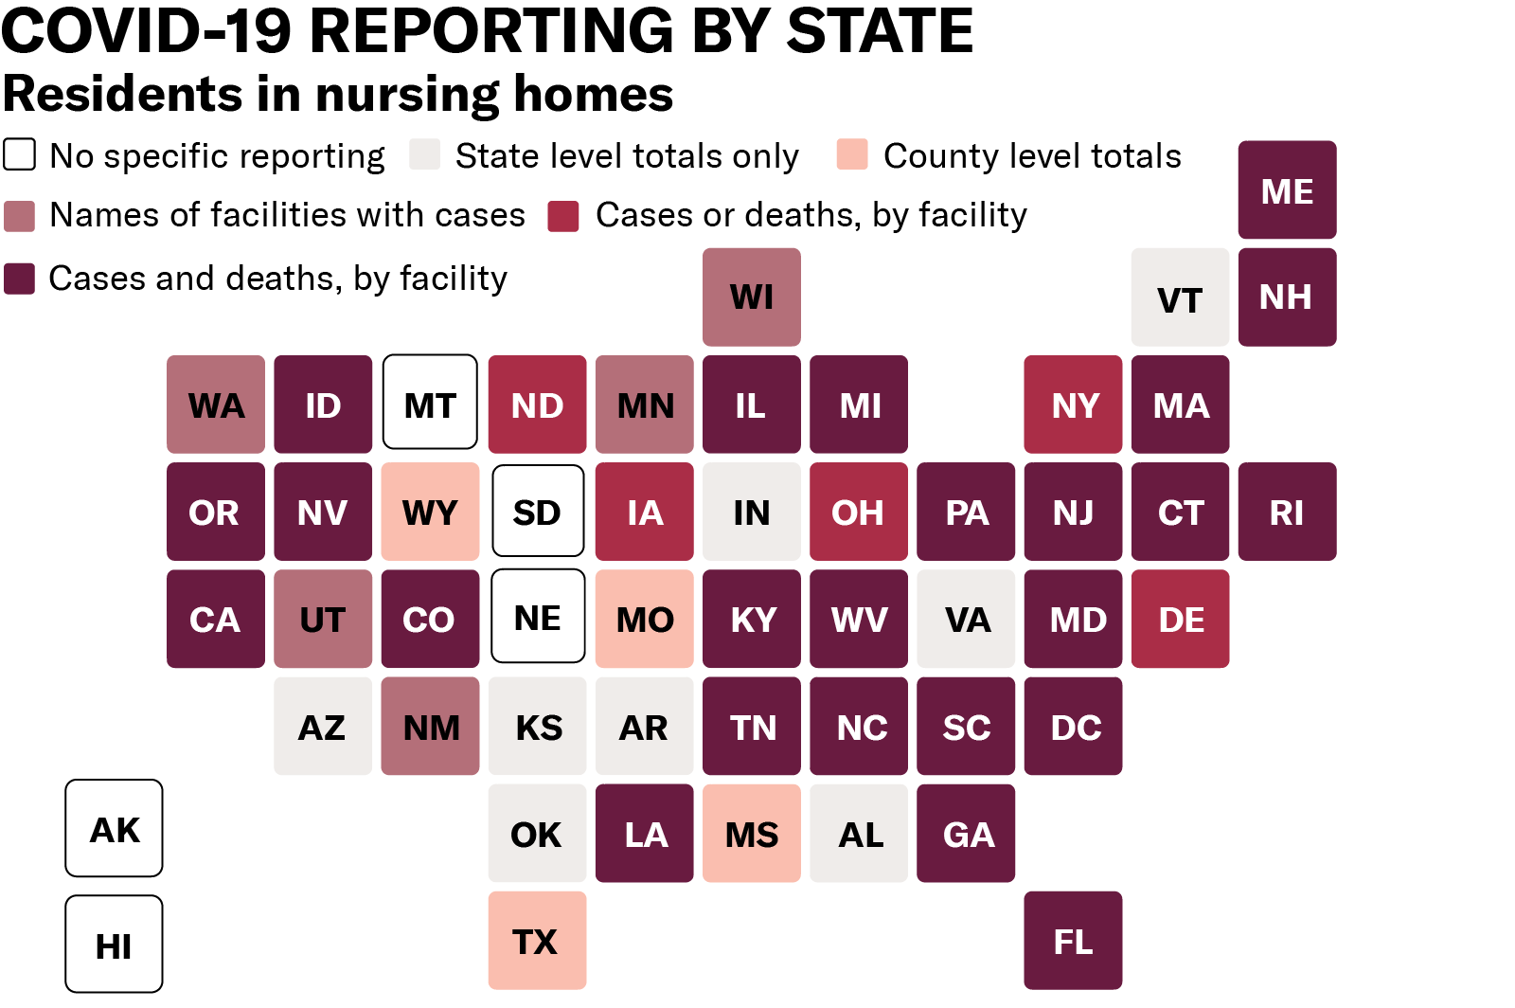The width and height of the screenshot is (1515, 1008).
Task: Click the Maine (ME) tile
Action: [1287, 189]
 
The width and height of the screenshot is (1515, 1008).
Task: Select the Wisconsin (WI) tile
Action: [751, 297]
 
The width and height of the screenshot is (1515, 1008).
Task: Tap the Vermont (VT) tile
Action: [1180, 297]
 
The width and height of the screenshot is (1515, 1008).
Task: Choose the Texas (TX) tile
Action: [537, 940]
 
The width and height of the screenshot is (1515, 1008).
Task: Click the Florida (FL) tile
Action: [1073, 940]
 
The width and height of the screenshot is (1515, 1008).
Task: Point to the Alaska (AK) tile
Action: [114, 828]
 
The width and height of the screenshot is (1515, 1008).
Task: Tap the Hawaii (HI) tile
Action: [114, 944]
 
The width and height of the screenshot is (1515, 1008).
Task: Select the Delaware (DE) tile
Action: [1180, 619]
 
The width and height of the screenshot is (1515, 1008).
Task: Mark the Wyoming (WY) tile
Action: [430, 512]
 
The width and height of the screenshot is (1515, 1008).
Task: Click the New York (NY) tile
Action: [1073, 405]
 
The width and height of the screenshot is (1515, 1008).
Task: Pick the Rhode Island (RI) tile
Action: [1287, 512]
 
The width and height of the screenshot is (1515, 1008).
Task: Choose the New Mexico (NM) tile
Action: [430, 726]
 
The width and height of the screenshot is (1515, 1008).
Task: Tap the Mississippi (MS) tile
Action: [751, 833]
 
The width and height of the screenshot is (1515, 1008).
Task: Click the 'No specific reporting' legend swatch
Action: [20, 154]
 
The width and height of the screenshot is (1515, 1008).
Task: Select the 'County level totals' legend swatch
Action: [852, 154]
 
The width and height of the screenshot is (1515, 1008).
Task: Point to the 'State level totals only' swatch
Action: [425, 154]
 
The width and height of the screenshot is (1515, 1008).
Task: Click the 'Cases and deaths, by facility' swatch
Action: [20, 279]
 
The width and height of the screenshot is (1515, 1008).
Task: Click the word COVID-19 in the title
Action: [146, 30]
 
